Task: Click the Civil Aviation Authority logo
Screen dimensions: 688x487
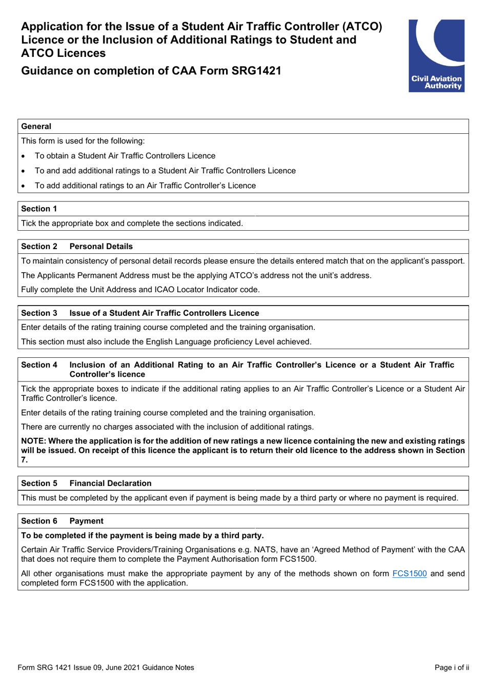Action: click(436, 55)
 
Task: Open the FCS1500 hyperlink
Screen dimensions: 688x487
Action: click(409, 573)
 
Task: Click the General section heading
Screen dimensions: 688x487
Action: click(36, 127)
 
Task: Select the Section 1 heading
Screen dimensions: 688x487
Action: click(39, 209)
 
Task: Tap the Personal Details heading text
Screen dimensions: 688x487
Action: click(101, 247)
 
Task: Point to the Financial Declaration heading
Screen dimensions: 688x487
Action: click(110, 483)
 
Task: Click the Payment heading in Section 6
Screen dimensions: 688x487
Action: click(86, 521)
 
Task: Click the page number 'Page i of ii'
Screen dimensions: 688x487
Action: click(452, 667)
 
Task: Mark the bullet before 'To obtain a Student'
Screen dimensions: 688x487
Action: click(24, 156)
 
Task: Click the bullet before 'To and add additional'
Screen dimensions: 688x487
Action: click(24, 171)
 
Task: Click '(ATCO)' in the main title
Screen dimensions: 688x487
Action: click(362, 27)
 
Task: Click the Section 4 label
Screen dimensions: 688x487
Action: click(39, 365)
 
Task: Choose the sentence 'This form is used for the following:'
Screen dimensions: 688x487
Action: click(83, 141)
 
